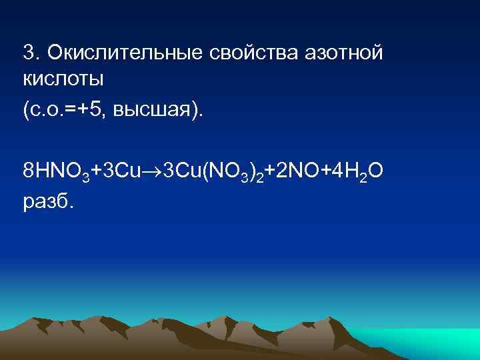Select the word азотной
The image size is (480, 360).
pyautogui.click(x=339, y=53)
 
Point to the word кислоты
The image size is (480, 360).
pyautogui.click(x=63, y=80)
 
